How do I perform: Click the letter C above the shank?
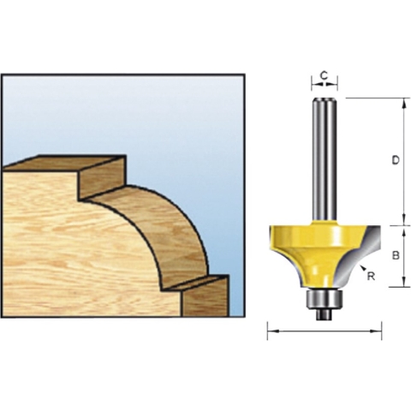[324, 76]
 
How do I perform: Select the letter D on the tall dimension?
[394, 160]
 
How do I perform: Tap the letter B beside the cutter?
[394, 255]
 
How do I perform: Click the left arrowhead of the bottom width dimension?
[271, 330]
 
